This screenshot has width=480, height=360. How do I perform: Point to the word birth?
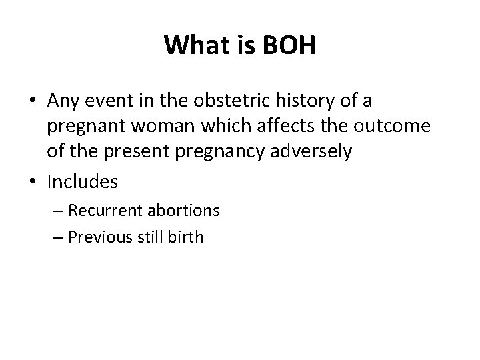(187, 237)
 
